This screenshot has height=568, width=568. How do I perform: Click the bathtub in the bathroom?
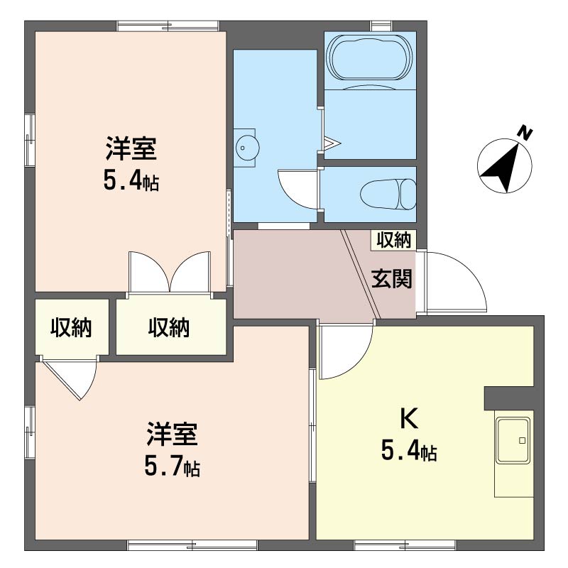[369, 58]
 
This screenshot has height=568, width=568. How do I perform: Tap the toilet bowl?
[388, 194]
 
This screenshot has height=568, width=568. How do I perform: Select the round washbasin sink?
[247, 148]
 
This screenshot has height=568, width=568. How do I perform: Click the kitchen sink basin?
[513, 440]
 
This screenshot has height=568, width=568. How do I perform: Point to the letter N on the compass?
[525, 132]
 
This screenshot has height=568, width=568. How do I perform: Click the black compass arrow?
[504, 168]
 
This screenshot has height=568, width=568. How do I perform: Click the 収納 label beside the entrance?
[394, 240]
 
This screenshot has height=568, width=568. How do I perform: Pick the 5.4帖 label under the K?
[409, 452]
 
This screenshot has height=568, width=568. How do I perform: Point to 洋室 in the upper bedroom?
[131, 148]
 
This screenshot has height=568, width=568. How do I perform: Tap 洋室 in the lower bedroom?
[173, 434]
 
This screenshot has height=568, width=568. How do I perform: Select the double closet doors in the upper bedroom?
[170, 273]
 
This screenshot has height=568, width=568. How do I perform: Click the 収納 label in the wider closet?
[169, 327]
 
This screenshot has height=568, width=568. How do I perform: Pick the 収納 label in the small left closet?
[71, 327]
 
